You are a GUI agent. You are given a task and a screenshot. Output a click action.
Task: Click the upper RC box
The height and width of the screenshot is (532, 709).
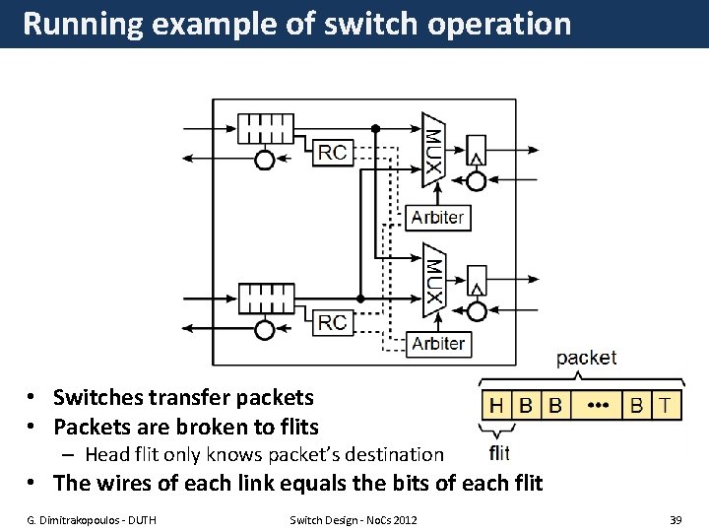pos(333,152)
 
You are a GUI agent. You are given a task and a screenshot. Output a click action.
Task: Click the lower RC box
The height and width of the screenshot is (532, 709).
pos(333,322)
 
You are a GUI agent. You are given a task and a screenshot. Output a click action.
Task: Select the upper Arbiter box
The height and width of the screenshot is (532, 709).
pos(437,218)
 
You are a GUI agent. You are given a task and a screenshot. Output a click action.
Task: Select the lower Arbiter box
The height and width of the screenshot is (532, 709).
pos(437,344)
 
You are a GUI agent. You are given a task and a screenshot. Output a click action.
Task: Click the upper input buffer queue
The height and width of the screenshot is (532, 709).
pos(266,128)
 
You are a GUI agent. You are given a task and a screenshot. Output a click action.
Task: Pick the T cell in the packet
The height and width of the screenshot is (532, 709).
pos(668,405)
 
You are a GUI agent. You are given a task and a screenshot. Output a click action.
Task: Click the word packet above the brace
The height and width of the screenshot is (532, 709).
pos(586,358)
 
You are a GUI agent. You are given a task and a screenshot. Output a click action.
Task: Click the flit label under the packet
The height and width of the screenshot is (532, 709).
pos(498,454)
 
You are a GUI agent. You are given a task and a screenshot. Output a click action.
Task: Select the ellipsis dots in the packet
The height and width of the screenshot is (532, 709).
pos(597,405)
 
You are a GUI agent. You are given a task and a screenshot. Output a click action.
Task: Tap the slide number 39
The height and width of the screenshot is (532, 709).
pos(675,519)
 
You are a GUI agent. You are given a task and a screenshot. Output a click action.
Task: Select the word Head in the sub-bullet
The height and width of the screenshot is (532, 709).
pos(107,454)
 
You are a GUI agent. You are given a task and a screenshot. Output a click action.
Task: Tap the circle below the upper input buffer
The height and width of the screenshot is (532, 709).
pos(265,160)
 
